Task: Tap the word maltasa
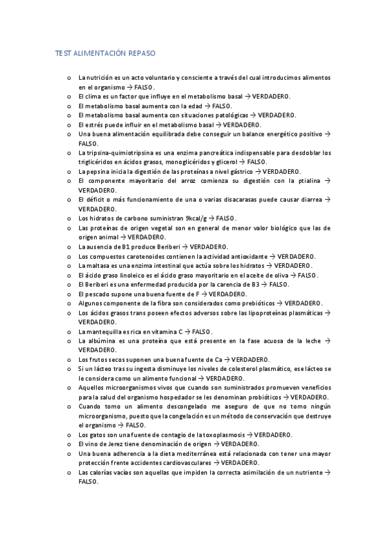[x=96, y=265]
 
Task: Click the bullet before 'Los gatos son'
[x=68, y=435]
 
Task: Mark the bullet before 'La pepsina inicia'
[x=68, y=172]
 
